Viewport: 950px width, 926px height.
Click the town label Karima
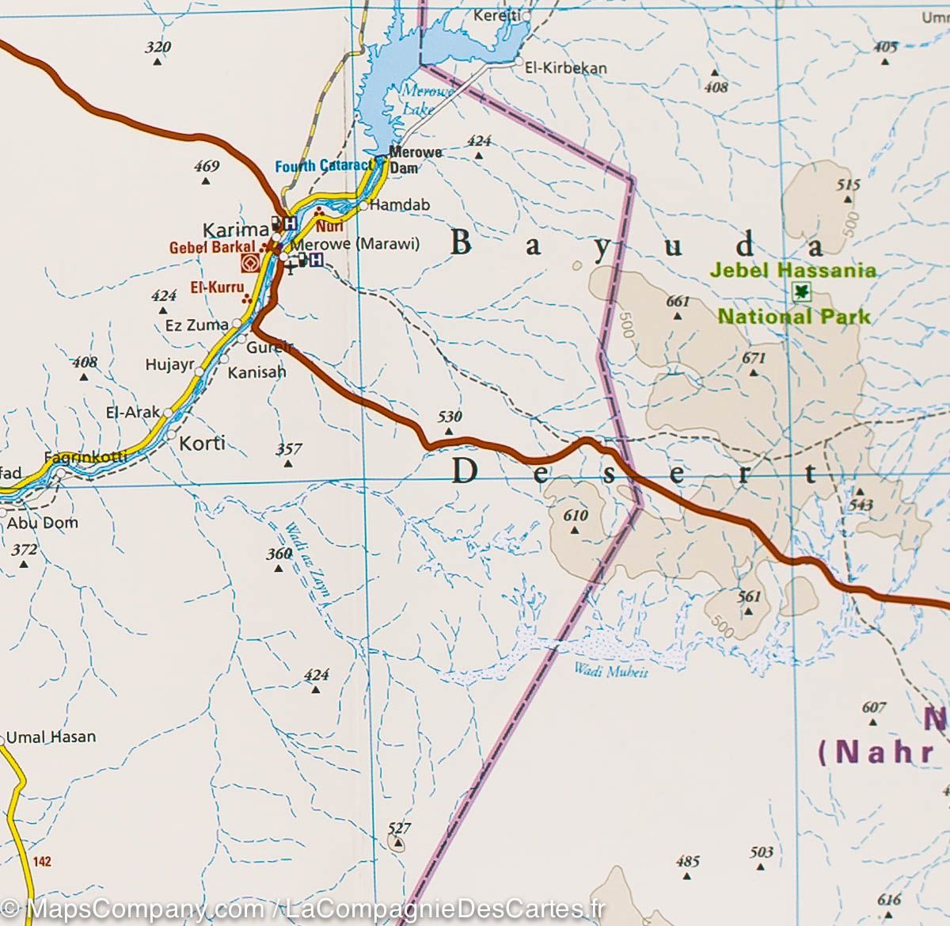235,231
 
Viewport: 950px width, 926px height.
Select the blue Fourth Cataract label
324,166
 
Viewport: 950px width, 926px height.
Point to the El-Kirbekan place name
566,68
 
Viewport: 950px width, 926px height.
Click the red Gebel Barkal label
212,248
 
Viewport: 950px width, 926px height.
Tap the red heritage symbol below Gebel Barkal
251,264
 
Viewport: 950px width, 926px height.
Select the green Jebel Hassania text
792,270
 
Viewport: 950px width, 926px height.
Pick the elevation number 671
754,358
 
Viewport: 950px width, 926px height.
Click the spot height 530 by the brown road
450,417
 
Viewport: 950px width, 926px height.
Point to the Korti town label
203,443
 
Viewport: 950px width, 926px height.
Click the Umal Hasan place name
51,737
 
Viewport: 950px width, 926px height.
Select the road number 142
43,861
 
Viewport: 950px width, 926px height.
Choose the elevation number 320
158,48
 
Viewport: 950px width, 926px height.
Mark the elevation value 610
576,516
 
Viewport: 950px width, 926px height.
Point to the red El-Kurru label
216,288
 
